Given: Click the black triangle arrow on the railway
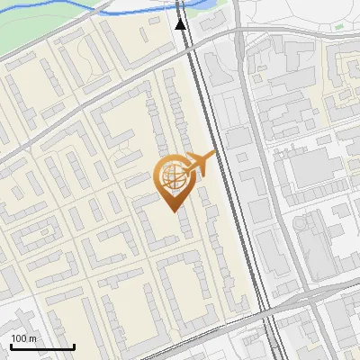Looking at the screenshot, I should tap(181, 23).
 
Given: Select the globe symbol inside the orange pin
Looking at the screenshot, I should tap(172, 177).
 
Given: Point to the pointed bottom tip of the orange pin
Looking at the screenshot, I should tap(172, 211).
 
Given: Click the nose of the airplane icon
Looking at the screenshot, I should tap(213, 155).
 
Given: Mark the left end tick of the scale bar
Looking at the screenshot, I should tap(11, 346).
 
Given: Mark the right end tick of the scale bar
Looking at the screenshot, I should tap(74, 346).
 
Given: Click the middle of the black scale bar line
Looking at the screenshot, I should tap(42, 347).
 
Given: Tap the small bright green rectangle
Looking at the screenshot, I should tap(339, 27).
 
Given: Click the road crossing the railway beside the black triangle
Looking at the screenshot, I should tap(216, 34).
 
